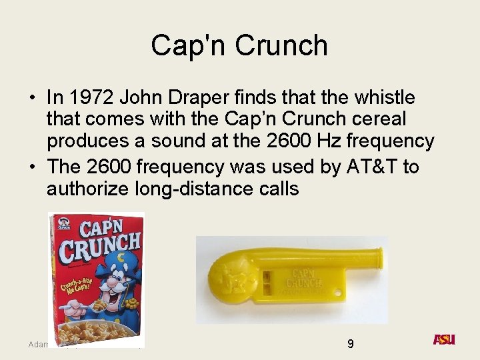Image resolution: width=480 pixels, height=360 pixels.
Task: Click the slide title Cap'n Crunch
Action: pos(239,45)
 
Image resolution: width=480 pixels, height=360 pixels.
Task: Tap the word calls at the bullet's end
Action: pos(282,189)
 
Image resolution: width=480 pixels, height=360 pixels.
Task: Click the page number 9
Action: pos(351,344)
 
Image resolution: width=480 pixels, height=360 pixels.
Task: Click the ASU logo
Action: pos(443,339)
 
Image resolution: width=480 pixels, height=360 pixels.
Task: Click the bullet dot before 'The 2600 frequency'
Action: pos(32,167)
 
